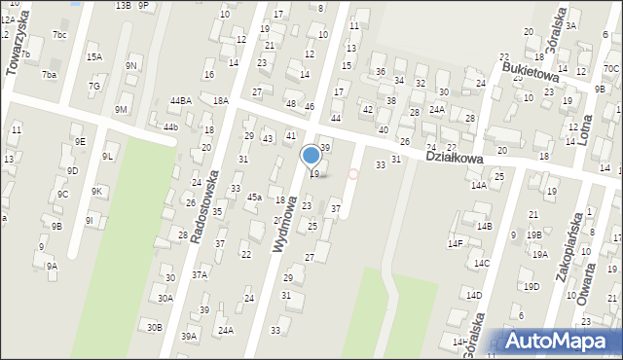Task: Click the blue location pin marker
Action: pos(311,156)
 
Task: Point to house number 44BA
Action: pos(180,100)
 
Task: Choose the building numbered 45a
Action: pos(254,197)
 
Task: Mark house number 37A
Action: pos(199,275)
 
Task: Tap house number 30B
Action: pos(155,327)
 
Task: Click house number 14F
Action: pos(455,243)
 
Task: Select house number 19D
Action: pos(531,286)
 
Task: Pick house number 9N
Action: pos(131,65)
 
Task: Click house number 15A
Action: pos(94,57)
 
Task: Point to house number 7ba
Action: pos(49,74)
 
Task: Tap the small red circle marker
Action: pos(353,174)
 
